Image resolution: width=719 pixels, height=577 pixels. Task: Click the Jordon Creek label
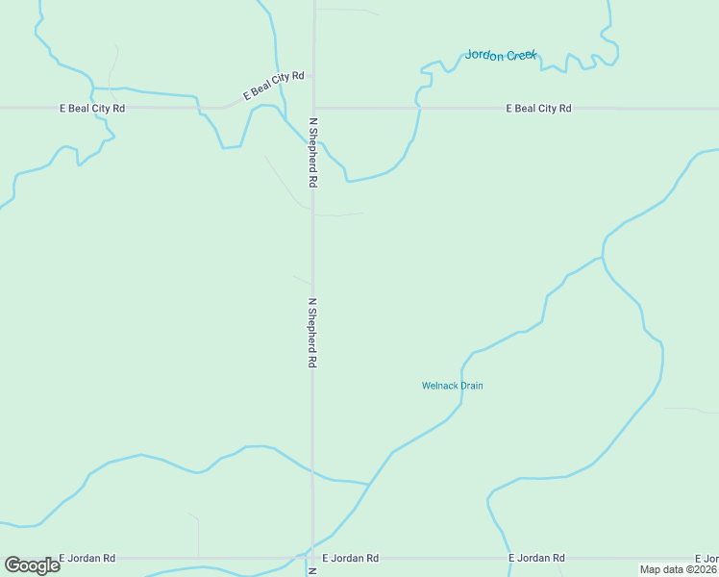(x=500, y=55)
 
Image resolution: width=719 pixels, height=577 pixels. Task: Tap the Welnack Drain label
(x=452, y=386)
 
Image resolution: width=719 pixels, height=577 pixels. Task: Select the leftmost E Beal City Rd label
(x=92, y=109)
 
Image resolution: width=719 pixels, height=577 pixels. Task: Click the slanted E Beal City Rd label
(x=273, y=86)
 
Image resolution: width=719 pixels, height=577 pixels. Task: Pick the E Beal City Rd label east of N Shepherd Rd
(x=538, y=109)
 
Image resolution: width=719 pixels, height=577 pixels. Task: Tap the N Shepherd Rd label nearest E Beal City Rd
(x=312, y=152)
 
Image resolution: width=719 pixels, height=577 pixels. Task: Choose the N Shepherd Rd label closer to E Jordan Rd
(x=312, y=333)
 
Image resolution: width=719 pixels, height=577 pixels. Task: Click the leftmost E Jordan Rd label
(x=87, y=558)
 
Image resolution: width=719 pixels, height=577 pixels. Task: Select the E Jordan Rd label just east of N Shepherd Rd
(x=350, y=558)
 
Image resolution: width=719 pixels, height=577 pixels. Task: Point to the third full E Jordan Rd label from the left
(x=536, y=558)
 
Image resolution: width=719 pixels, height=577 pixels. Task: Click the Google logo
(x=32, y=565)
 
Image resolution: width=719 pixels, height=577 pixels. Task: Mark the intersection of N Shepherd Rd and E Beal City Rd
(x=313, y=108)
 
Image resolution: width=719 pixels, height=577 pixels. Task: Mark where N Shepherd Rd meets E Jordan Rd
(x=313, y=558)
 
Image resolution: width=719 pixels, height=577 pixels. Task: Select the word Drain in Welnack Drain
(x=471, y=386)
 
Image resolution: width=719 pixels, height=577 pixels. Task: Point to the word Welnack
(x=439, y=386)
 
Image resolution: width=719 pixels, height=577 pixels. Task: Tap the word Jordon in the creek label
(x=483, y=55)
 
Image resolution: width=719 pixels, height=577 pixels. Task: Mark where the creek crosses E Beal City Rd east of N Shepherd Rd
(x=419, y=109)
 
